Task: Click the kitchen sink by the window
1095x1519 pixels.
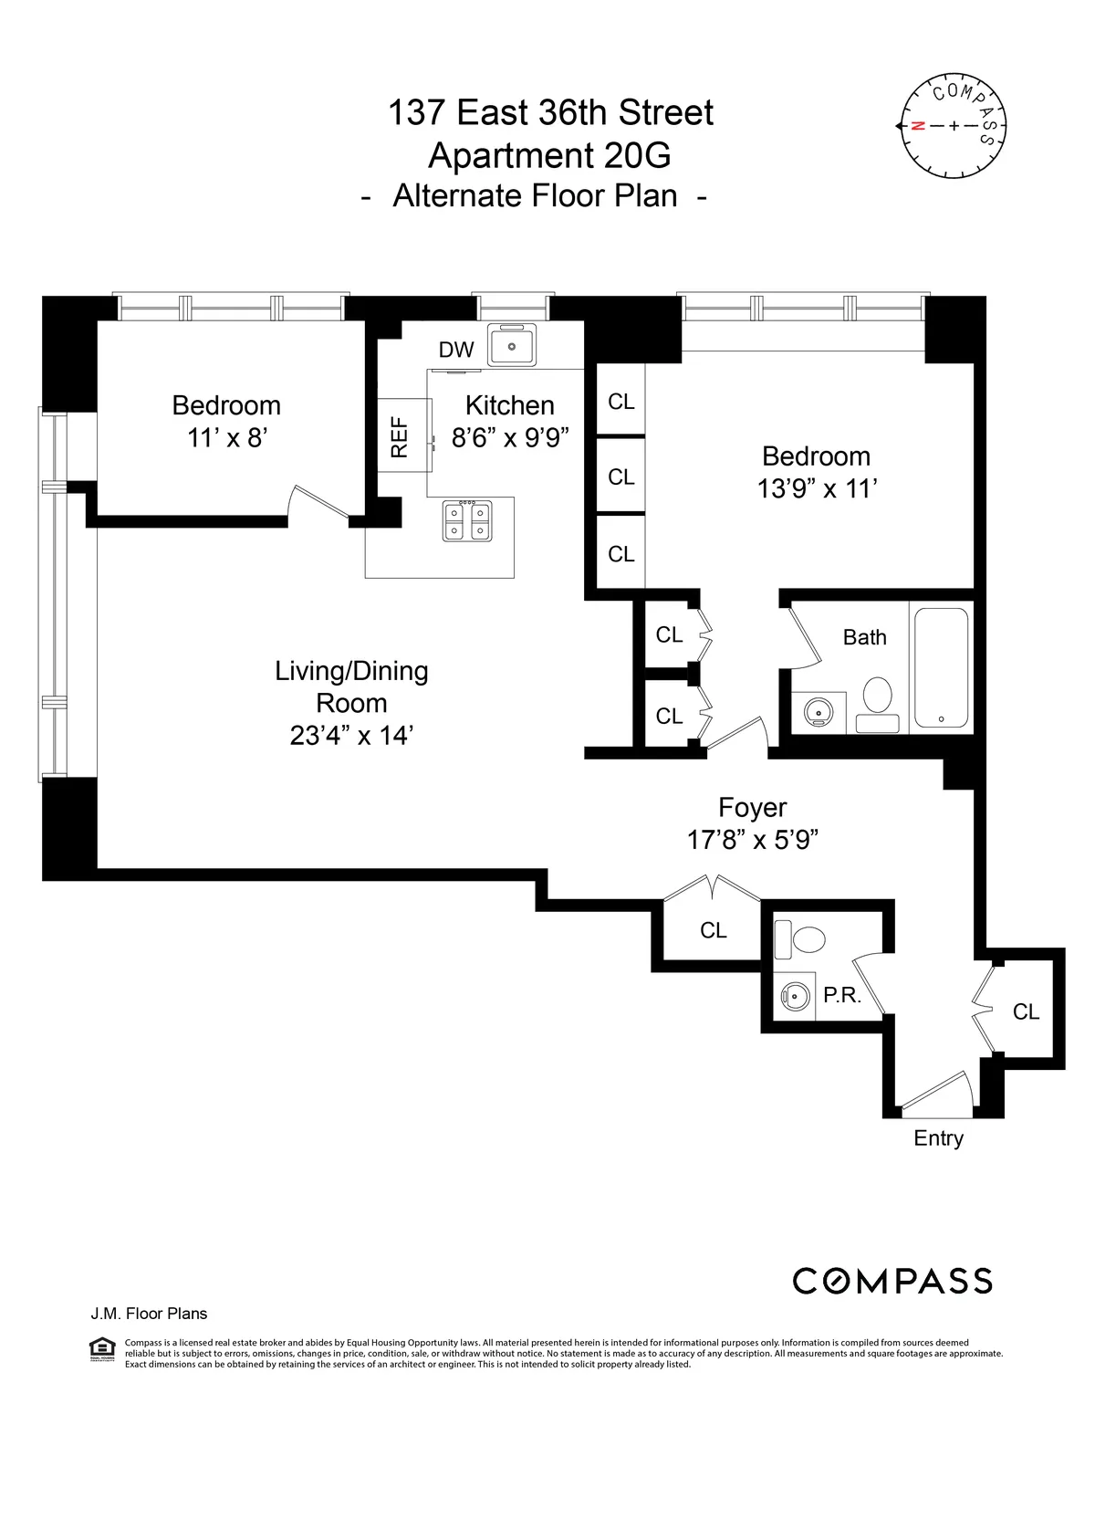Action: click(x=511, y=346)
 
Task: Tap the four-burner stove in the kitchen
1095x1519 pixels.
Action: click(x=467, y=521)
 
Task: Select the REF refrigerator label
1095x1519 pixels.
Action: click(x=399, y=436)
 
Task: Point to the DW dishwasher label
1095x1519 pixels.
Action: click(x=456, y=350)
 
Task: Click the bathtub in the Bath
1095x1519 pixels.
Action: click(x=941, y=667)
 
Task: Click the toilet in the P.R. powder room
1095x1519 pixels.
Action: click(x=802, y=939)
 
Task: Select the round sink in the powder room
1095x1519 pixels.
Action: click(x=796, y=996)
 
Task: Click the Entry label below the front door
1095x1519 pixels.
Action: click(x=938, y=1138)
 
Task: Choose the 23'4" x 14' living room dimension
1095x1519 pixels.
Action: click(x=351, y=736)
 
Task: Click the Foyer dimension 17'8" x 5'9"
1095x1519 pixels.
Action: click(x=752, y=840)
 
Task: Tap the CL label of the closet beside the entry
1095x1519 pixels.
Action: click(x=1026, y=1011)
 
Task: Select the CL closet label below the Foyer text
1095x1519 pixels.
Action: click(x=713, y=930)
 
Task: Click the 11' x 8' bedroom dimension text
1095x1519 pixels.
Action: click(x=226, y=438)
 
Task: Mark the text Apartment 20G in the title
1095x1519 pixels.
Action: click(x=549, y=156)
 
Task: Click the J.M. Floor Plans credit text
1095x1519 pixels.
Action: click(x=149, y=1314)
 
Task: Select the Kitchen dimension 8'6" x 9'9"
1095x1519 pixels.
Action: click(x=510, y=438)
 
